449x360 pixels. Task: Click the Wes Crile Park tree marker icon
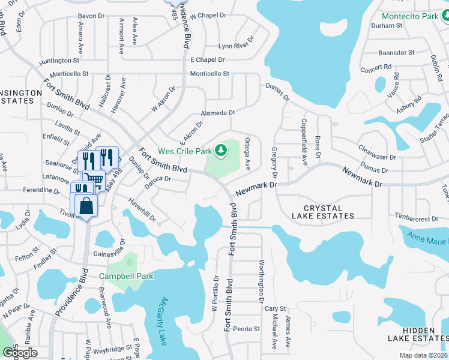pyautogui.click(x=221, y=149)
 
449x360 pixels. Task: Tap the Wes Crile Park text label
pyautogui.click(x=185, y=151)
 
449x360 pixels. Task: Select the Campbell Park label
pyautogui.click(x=126, y=276)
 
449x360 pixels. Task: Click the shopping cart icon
pyautogui.click(x=93, y=178)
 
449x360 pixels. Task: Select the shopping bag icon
pyautogui.click(x=86, y=205)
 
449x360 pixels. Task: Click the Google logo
pyautogui.click(x=20, y=352)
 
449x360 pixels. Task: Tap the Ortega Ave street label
pyautogui.click(x=247, y=153)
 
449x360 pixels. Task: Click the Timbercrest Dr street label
pyautogui.click(x=421, y=215)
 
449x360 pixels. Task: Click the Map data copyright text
pyautogui.click(x=424, y=355)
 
